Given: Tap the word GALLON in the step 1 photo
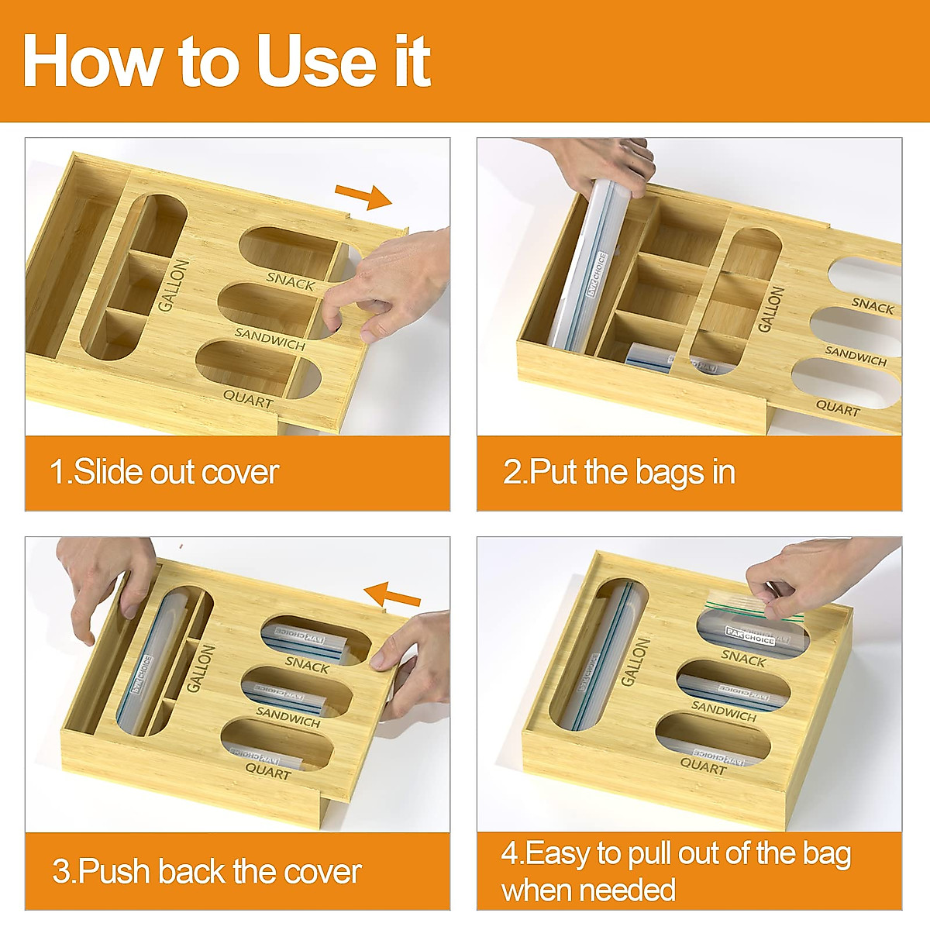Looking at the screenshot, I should coord(174,285).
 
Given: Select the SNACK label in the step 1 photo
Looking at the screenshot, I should coord(291,280).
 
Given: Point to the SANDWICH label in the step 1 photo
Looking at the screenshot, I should coord(270,339).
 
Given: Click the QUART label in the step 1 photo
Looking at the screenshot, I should coord(248,399).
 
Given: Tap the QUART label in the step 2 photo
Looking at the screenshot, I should coord(838,408).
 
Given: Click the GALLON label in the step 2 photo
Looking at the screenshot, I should coord(770,308).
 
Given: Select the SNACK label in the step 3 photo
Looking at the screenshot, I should coord(307,663).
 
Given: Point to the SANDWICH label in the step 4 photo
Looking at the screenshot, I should coord(724,711).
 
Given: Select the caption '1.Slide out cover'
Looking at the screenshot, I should coord(164,472).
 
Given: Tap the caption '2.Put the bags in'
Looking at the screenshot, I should coord(618,472).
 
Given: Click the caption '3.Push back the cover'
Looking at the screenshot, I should coord(206,871).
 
